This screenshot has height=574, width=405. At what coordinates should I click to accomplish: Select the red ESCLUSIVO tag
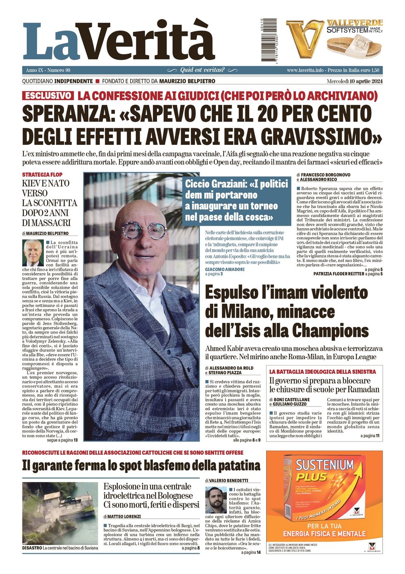48,96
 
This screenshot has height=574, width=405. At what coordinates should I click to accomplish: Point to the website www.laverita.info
305,70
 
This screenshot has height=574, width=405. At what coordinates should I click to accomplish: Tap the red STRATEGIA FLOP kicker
42,175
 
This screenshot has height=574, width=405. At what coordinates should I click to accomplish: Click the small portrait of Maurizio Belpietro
33,253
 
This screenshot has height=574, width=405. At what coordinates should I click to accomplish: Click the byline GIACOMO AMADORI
225,269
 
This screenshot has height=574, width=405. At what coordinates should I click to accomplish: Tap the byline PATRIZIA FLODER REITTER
339,274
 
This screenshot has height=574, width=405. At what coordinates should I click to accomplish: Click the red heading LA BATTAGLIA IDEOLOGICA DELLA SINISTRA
323,371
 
